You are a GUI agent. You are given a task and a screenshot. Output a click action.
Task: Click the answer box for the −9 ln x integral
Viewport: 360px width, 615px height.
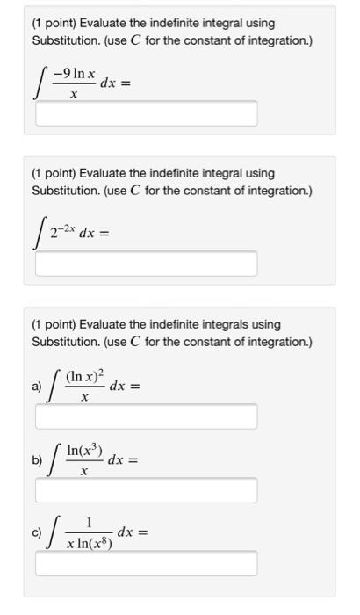pos(146,113)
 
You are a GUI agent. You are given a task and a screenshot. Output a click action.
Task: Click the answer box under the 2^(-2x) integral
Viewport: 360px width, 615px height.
pos(146,264)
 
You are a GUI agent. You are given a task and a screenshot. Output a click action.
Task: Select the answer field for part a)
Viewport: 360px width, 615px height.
pos(146,416)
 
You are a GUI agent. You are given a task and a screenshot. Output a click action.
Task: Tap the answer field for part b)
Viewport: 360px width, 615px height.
pos(146,490)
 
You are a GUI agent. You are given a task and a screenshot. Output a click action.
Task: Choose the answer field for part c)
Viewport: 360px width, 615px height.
pos(146,563)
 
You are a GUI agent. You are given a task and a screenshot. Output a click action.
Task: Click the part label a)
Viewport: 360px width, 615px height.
pos(37,385)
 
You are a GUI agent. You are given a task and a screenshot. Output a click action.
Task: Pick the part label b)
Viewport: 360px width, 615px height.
pos(37,459)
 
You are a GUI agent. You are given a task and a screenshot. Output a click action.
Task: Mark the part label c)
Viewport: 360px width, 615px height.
pos(37,532)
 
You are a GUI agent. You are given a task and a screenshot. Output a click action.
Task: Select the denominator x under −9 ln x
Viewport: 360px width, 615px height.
pos(73,95)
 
